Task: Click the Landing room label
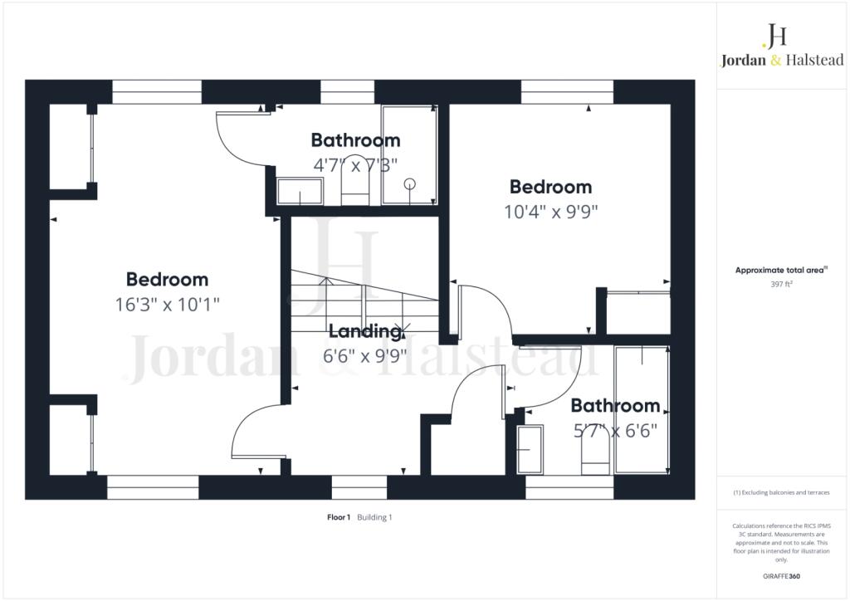(365, 331)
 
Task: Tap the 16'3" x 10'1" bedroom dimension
(167, 305)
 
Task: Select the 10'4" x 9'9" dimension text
(551, 212)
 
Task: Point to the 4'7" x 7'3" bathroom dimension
(355, 164)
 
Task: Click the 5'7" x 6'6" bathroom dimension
(615, 431)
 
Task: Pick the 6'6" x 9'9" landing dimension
(365, 356)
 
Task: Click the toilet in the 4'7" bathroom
(355, 180)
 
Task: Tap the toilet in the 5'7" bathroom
(595, 453)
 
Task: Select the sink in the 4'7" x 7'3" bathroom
(300, 191)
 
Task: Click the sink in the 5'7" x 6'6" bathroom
(530, 450)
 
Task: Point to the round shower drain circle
(410, 183)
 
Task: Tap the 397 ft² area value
(781, 284)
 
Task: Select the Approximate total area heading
(780, 270)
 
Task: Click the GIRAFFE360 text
(781, 576)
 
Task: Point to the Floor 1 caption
(339, 517)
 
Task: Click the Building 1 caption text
(374, 517)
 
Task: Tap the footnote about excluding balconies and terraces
(781, 492)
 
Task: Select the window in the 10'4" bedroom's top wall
(567, 92)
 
